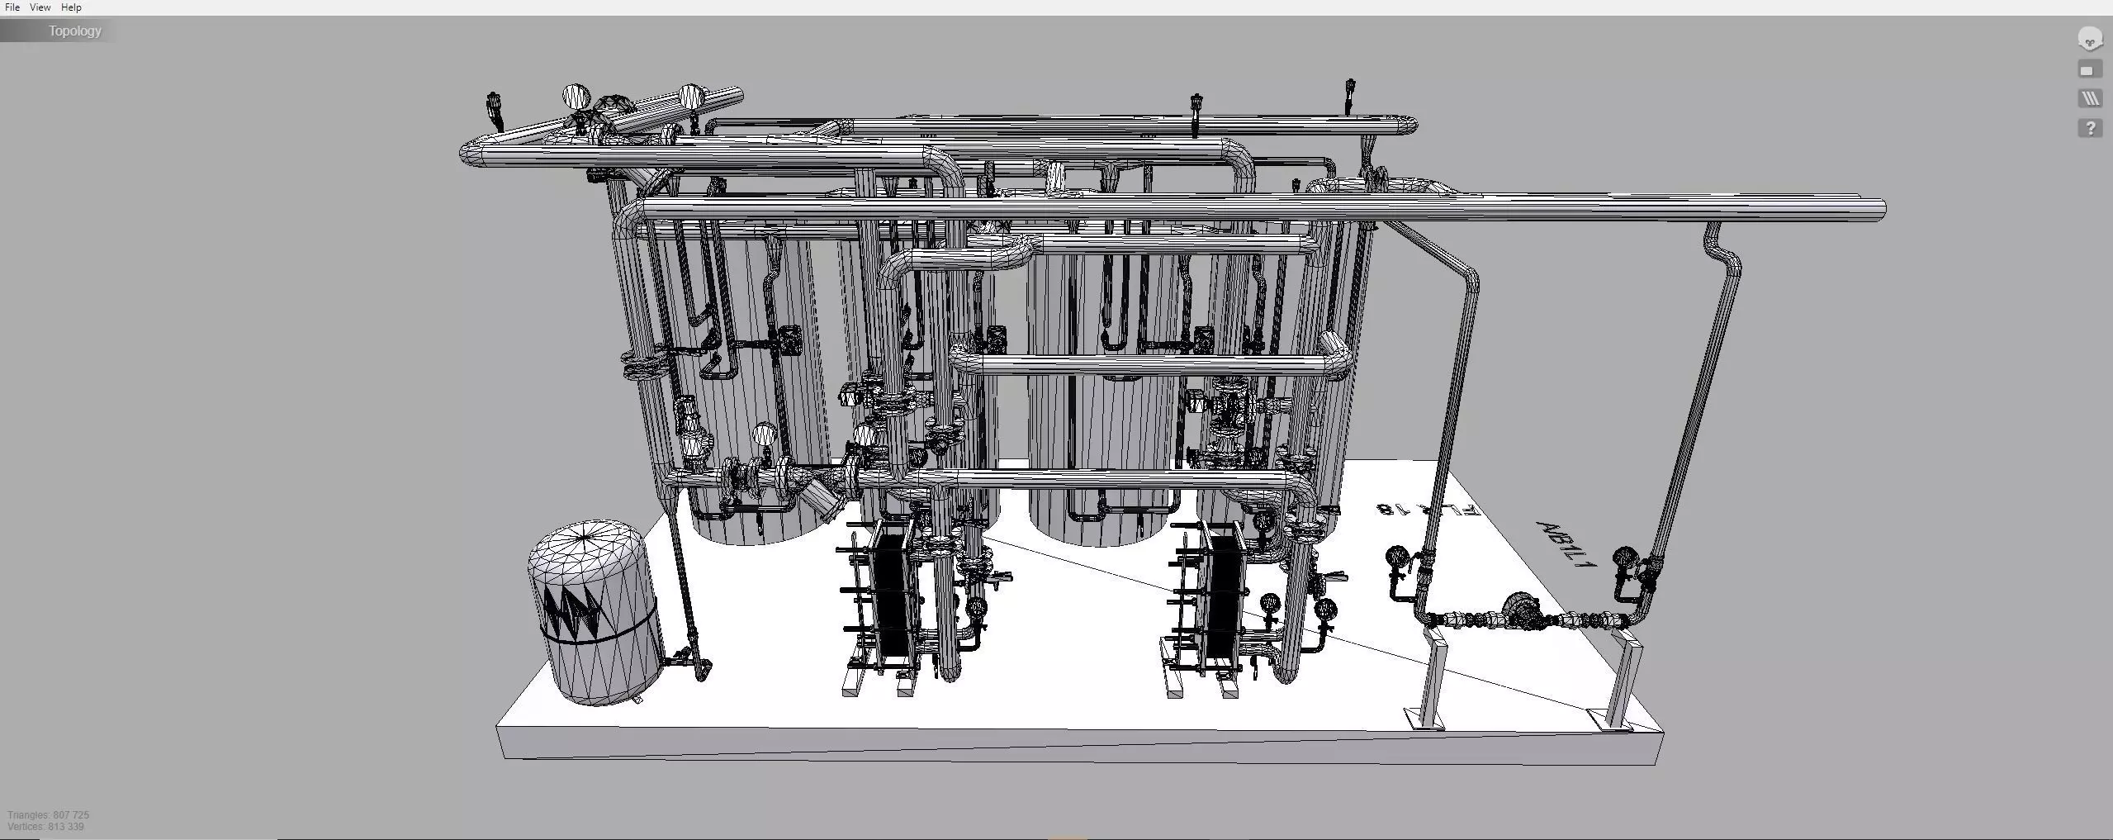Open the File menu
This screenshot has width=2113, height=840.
12,7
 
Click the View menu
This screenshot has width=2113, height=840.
40,7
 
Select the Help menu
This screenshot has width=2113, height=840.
71,7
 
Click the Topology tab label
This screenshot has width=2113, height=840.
74,31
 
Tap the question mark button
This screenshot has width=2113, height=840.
2090,128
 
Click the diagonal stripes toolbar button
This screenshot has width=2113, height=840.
2090,99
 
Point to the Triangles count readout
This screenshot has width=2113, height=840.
48,815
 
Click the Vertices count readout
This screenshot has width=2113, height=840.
45,827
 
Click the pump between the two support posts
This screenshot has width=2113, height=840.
1521,611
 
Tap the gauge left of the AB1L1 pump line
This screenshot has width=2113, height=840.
1396,556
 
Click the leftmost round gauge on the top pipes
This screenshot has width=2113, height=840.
576,97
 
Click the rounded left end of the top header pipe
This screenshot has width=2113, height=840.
468,154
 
